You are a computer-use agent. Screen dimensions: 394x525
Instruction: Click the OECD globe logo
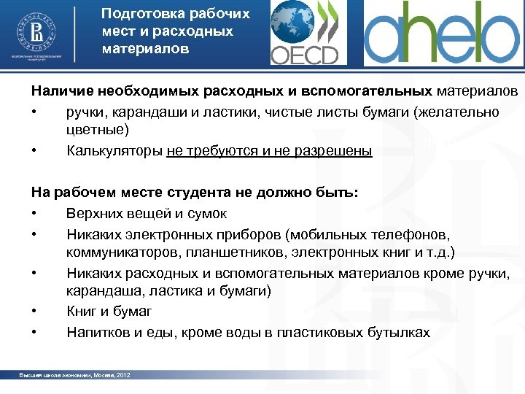[x=304, y=33]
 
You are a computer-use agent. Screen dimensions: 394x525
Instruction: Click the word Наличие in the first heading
[x=56, y=91]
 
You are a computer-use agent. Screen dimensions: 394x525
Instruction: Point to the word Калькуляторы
[x=114, y=151]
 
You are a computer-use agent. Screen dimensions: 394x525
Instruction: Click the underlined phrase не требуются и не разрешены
[x=269, y=151]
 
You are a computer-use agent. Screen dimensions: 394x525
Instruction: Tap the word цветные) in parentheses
[x=97, y=130]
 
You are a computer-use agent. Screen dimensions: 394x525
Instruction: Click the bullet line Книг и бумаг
[x=109, y=312]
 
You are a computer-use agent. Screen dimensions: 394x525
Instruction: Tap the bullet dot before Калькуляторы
[x=34, y=151]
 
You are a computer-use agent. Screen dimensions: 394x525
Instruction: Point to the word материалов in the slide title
[x=145, y=50]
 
